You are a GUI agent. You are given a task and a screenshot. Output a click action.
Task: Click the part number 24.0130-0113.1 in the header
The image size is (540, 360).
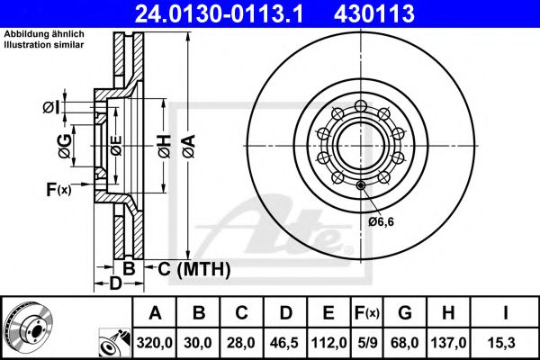[x=219, y=13]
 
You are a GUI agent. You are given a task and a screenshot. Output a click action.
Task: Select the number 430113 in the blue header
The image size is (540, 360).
[x=374, y=13]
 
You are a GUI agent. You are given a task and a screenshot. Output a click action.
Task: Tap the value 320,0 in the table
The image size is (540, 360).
[x=154, y=343]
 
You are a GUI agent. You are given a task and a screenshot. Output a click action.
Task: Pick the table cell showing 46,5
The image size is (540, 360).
[x=284, y=343]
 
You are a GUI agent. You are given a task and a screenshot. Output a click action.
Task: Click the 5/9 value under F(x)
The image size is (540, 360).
[x=367, y=343]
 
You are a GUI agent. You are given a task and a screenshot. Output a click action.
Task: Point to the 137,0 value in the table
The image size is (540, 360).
[x=448, y=343]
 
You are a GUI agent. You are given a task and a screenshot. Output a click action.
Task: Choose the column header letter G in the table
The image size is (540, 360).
[x=405, y=313]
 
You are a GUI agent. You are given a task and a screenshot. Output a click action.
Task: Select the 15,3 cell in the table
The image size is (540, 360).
[x=501, y=343]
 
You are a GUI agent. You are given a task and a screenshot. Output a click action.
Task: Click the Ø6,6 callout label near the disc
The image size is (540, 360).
[x=381, y=221]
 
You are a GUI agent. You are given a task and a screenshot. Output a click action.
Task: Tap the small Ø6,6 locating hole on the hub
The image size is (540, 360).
[x=361, y=185]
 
